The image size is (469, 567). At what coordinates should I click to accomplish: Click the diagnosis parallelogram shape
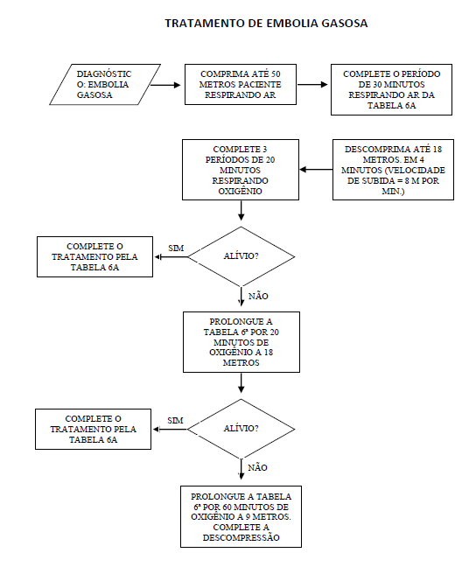(x=105, y=85)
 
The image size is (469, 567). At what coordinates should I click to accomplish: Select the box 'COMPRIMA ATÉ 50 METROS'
(x=241, y=85)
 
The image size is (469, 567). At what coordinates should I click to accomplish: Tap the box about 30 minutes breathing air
(x=391, y=89)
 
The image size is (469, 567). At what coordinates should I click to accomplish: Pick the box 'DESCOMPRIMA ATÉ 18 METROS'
(x=393, y=170)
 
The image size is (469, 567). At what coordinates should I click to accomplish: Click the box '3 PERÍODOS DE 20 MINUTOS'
(x=241, y=170)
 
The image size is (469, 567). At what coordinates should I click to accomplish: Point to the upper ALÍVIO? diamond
(x=241, y=256)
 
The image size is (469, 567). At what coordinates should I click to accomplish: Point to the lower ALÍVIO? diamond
(x=241, y=430)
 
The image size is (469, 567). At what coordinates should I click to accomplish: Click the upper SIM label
(x=176, y=248)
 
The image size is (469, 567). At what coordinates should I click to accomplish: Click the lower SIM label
(x=175, y=421)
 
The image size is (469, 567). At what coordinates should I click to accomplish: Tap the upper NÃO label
(x=258, y=296)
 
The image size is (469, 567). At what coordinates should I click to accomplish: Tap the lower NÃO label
(x=257, y=467)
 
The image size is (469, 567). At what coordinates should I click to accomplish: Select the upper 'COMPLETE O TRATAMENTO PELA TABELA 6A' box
(x=94, y=256)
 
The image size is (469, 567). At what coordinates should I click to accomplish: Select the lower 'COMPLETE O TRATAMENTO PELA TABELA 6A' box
(x=93, y=430)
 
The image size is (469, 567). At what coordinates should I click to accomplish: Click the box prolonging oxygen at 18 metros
(x=241, y=342)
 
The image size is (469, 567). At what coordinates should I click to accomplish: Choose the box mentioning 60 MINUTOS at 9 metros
(x=241, y=517)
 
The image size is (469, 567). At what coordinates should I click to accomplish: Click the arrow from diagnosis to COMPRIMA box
(x=164, y=85)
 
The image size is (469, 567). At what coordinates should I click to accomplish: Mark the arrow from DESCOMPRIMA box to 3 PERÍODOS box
(x=316, y=169)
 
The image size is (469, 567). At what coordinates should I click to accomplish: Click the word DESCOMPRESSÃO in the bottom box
(x=241, y=538)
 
